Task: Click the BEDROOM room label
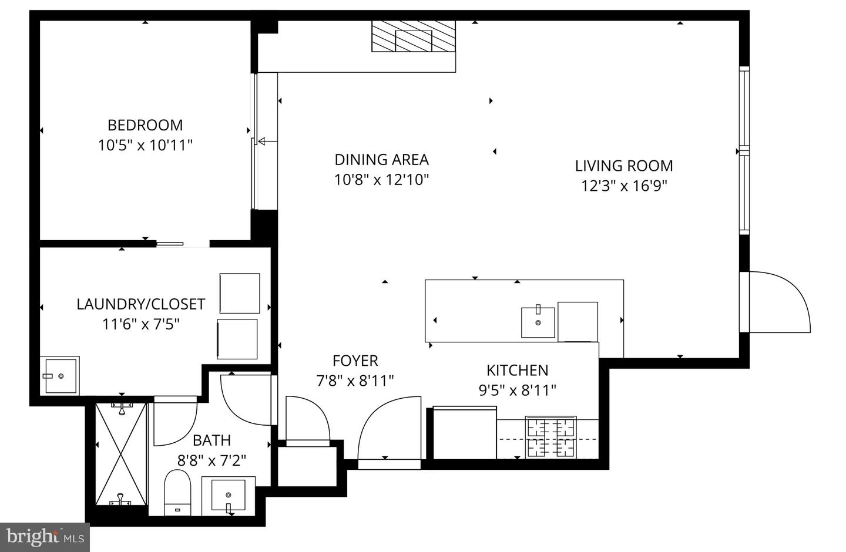[x=145, y=125]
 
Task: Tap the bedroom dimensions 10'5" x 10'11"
[x=145, y=145]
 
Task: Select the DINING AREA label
[x=381, y=160]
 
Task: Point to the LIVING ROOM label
[x=623, y=166]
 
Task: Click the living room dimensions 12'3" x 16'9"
[x=624, y=186]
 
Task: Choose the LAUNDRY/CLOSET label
[x=140, y=304]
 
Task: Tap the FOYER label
[x=355, y=361]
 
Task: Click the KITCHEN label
[x=517, y=371]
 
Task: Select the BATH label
[x=211, y=440]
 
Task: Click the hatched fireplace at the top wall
[x=413, y=37]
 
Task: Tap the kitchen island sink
[x=538, y=322]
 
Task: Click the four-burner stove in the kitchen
[x=550, y=438]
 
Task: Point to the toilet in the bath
[x=178, y=491]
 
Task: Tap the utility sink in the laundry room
[x=60, y=375]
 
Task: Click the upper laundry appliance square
[x=240, y=293]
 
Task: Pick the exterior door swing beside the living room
[x=778, y=302]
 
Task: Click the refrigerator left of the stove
[x=465, y=433]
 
